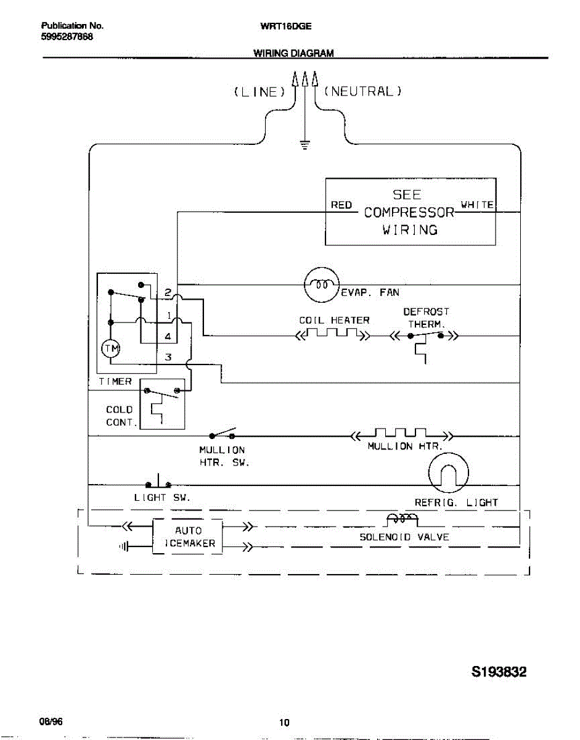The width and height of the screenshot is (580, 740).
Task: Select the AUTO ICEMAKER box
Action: [x=188, y=537]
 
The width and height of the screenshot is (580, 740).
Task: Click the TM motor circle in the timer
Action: [x=111, y=349]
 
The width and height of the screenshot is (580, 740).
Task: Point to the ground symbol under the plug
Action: [x=304, y=146]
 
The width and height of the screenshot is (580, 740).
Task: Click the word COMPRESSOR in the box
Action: [x=409, y=213]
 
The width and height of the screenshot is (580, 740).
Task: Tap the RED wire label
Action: [x=341, y=205]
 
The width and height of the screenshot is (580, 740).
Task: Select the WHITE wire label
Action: [x=477, y=204]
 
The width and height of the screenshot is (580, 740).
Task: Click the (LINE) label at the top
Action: [x=259, y=92]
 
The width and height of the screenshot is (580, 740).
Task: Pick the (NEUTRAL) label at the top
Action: [x=362, y=91]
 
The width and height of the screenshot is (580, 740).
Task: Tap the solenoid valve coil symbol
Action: [x=401, y=519]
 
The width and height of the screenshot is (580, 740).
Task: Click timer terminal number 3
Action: [x=168, y=357]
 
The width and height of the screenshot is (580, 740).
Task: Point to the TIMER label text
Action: [x=115, y=382]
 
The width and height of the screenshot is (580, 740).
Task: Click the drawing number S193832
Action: [x=499, y=672]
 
